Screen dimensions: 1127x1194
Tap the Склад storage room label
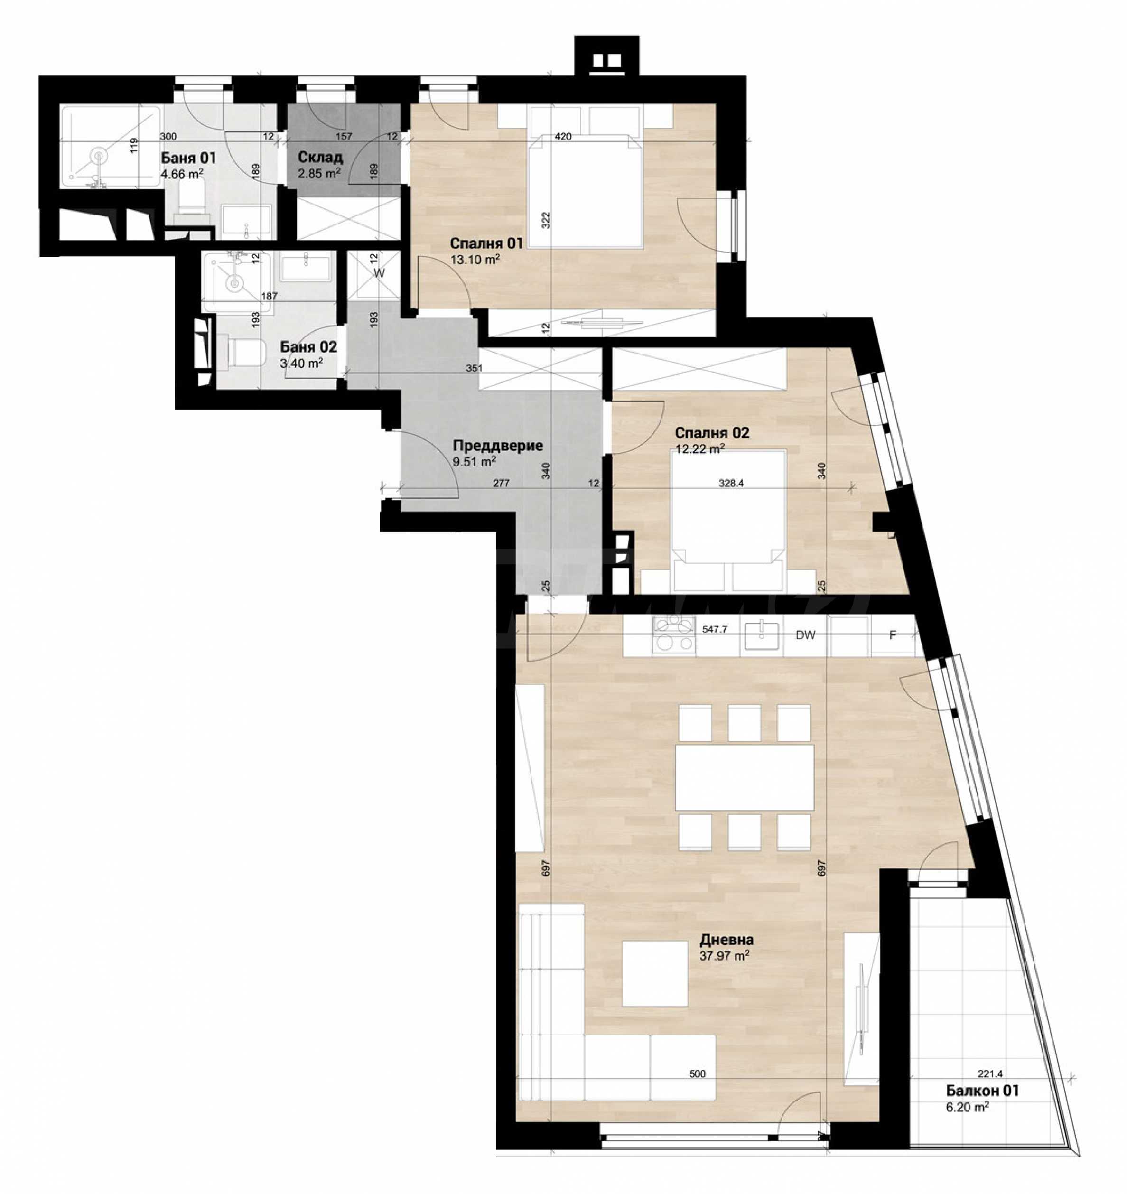click(x=320, y=158)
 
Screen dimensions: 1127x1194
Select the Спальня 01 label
click(x=486, y=243)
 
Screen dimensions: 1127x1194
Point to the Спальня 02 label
click(x=712, y=433)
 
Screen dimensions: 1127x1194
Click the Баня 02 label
click(x=309, y=347)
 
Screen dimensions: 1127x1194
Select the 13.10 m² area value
click(x=475, y=260)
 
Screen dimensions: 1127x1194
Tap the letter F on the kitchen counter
click(x=893, y=635)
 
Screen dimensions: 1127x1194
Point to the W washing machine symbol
click(x=379, y=273)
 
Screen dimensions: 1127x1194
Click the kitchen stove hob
click(x=674, y=637)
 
